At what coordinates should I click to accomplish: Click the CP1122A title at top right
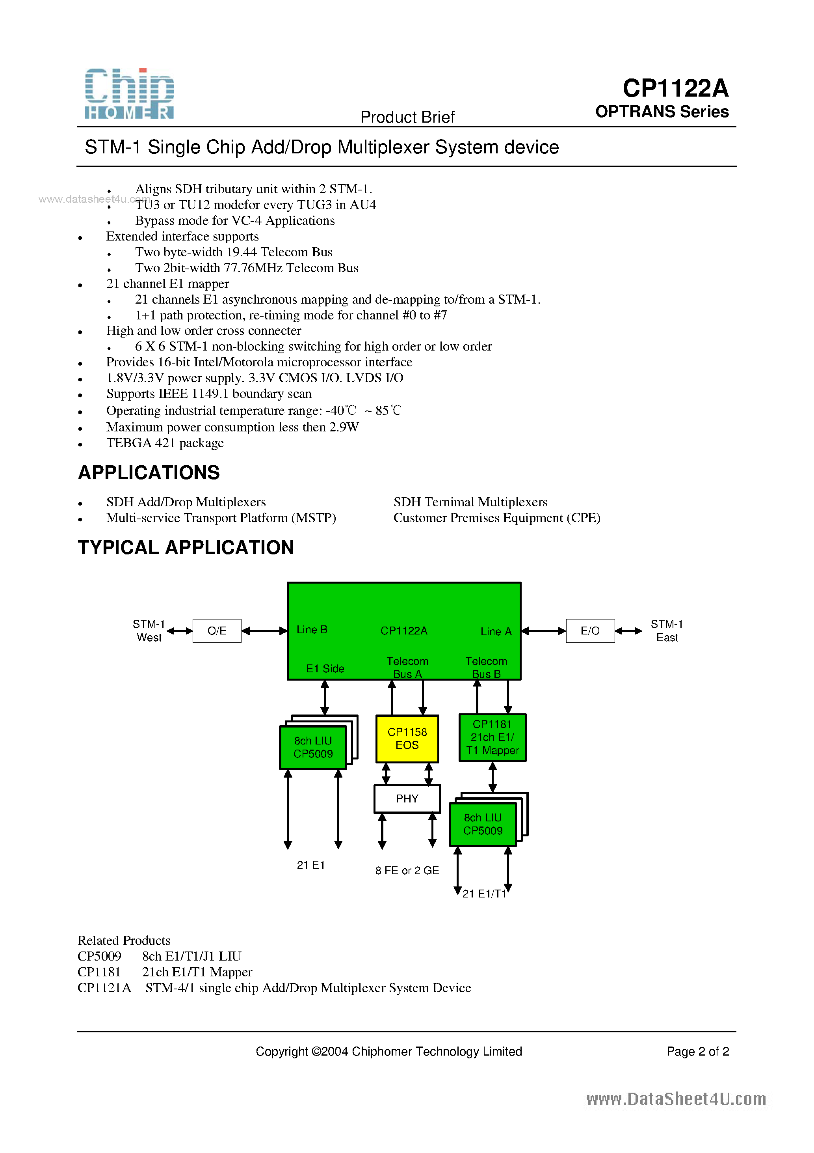675,88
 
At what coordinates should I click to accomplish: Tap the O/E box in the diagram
217,631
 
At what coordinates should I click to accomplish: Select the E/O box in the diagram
590,631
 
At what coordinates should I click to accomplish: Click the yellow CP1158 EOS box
407,739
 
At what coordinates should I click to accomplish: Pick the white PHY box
407,799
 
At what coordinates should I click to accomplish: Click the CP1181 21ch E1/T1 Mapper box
492,737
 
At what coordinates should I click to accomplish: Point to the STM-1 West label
149,631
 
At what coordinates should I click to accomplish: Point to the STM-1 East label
667,631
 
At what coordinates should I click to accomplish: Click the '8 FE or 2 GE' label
407,870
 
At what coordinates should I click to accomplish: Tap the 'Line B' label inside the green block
312,630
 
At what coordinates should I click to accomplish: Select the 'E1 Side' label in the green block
325,668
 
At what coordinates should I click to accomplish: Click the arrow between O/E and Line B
264,631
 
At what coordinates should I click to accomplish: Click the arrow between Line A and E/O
543,631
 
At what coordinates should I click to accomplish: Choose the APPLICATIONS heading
149,472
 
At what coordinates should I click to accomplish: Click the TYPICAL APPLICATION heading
186,547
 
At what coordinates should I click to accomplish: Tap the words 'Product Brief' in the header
407,117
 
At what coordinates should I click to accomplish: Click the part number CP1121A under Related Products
104,988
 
